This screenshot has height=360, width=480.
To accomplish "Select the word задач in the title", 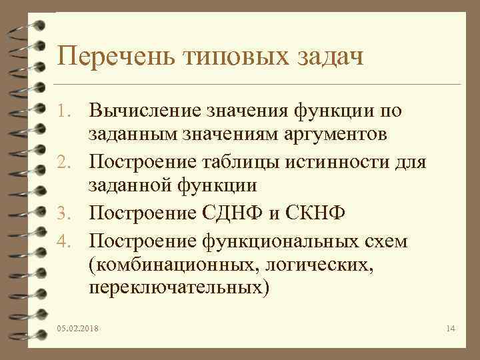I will point(331,56).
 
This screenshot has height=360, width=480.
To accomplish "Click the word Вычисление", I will point(148,109).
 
